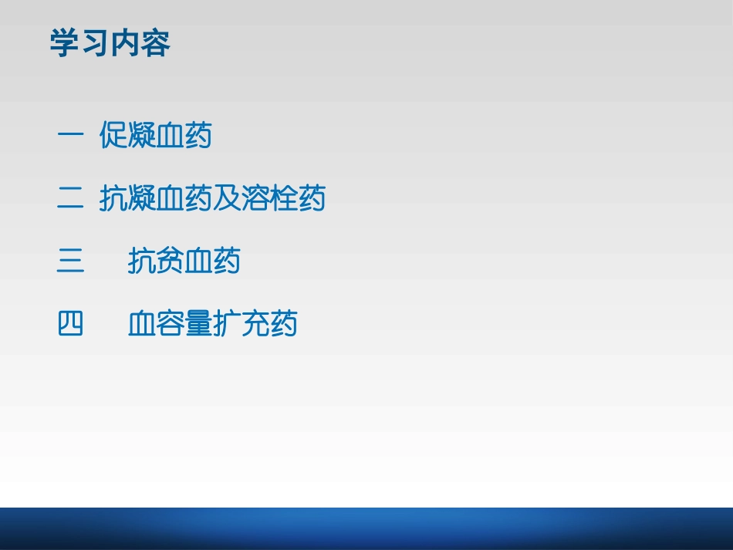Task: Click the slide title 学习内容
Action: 110,43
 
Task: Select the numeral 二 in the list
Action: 70,199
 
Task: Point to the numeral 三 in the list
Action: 70,262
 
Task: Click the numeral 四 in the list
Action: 70,324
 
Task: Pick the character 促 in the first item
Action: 113,137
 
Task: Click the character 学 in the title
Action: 65,43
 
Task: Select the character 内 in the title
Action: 125,43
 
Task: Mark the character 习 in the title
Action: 95,43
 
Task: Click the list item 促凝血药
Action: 156,137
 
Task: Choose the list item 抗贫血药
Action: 184,262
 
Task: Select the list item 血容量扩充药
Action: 212,324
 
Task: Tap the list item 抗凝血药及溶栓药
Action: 212,199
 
